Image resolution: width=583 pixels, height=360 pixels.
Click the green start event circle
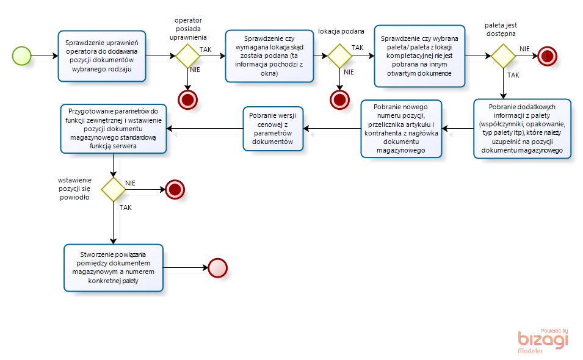click(21, 56)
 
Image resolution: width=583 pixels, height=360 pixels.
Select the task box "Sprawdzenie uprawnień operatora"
click(102, 56)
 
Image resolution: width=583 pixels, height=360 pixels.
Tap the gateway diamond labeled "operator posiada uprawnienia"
click(188, 56)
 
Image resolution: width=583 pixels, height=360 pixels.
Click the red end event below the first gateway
click(188, 100)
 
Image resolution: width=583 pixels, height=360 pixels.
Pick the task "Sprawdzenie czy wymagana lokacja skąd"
click(269, 56)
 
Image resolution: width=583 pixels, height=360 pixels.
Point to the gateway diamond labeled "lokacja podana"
click(339, 56)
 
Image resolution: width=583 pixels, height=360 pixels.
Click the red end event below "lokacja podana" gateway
click(339, 100)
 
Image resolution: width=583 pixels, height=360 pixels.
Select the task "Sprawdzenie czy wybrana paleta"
click(419, 56)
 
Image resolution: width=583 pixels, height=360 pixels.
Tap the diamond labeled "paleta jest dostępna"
click(503, 56)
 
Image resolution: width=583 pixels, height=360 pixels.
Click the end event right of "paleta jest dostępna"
click(548, 56)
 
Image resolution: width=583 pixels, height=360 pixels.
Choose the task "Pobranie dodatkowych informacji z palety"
click(522, 129)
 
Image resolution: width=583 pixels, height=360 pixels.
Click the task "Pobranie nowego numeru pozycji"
click(401, 129)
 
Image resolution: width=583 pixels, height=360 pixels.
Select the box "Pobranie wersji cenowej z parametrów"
click(273, 129)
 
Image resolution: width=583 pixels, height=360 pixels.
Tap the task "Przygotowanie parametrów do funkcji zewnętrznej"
click(114, 129)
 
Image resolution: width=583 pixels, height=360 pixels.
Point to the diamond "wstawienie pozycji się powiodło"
click(114, 190)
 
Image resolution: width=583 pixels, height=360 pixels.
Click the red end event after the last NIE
click(175, 190)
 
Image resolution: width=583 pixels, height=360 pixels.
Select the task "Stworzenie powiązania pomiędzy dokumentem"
click(114, 267)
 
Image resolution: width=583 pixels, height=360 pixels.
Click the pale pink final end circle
click(217, 268)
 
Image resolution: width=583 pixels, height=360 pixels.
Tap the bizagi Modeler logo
click(543, 340)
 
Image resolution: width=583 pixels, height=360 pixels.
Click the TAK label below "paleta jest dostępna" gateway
click(513, 75)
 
